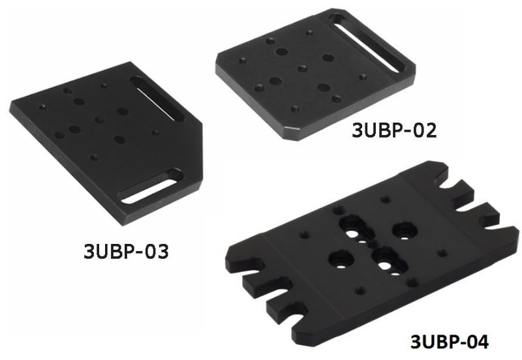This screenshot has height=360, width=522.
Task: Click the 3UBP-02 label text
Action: pos(394,130)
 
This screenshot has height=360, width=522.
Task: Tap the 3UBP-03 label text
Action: pos(126,251)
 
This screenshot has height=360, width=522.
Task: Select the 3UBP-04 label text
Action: pos(450,341)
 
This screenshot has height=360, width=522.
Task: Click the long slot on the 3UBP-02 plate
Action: pos(368,42)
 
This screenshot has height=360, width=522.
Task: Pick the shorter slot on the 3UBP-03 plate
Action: pos(151,186)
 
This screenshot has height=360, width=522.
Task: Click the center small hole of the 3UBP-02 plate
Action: pos(302,68)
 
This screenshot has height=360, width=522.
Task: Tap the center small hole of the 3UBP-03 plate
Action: pos(99,120)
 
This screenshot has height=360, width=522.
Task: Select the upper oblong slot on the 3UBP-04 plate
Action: pos(356,228)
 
